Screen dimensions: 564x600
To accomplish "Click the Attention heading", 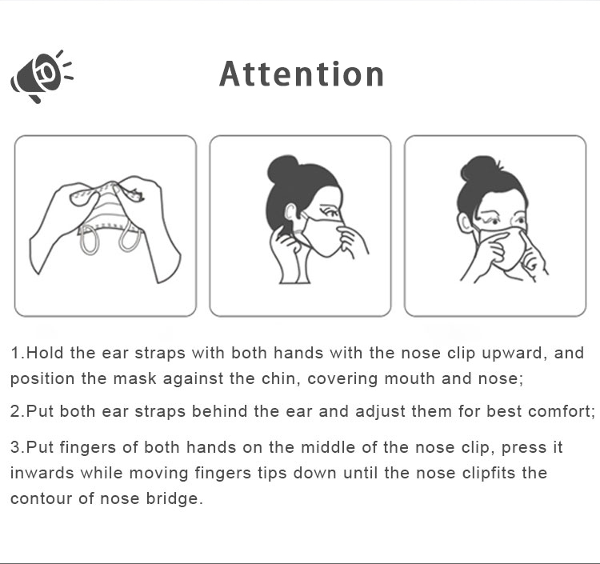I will (302, 74).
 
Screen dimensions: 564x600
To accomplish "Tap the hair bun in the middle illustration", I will (282, 169).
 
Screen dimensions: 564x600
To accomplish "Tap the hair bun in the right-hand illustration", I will (477, 169).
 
